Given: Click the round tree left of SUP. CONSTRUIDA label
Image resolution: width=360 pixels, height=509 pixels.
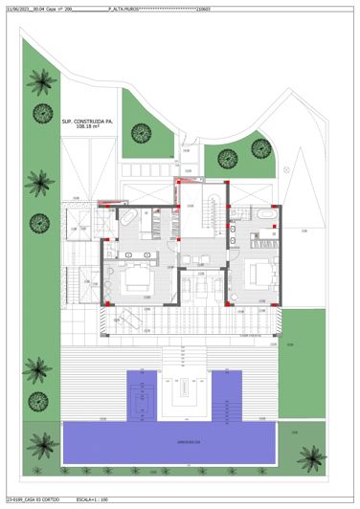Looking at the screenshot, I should pyautogui.click(x=41, y=113).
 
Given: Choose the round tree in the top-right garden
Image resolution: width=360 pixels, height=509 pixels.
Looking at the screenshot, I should pyautogui.click(x=260, y=145).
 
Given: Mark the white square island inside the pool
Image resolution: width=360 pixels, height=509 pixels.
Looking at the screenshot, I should pyautogui.click(x=179, y=392).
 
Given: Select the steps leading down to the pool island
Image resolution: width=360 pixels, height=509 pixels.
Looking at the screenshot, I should pyautogui.click(x=179, y=359).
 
